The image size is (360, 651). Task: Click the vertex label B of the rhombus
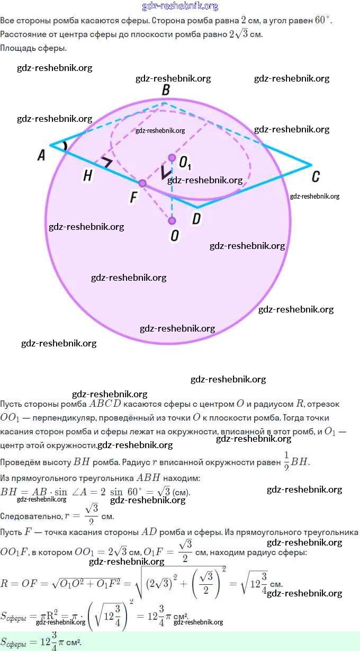pos(166,91)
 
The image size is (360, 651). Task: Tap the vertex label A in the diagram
pos(41,155)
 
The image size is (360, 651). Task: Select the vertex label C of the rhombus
pos(316,177)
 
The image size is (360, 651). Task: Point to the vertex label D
pos(196,218)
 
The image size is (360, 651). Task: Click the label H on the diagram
pos(88,176)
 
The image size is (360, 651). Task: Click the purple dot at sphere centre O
pos(172,220)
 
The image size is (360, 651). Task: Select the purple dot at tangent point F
pos(142,183)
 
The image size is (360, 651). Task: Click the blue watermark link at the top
pos(180,6)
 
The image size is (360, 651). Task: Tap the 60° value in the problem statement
pos(322,21)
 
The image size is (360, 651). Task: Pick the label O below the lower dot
pos(174,236)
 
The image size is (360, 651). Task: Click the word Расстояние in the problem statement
pos(24,34)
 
